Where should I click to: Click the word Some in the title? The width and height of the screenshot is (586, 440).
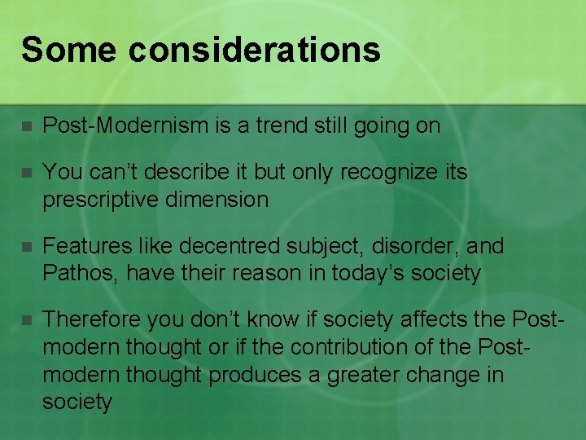(x=68, y=50)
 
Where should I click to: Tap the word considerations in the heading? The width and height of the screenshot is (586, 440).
(x=254, y=50)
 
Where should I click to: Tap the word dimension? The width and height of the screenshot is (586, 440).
(x=219, y=200)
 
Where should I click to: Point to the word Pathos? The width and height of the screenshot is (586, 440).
(x=80, y=273)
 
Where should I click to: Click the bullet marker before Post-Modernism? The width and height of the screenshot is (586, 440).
(x=26, y=127)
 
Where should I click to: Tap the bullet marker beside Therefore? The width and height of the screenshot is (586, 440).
(x=26, y=320)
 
